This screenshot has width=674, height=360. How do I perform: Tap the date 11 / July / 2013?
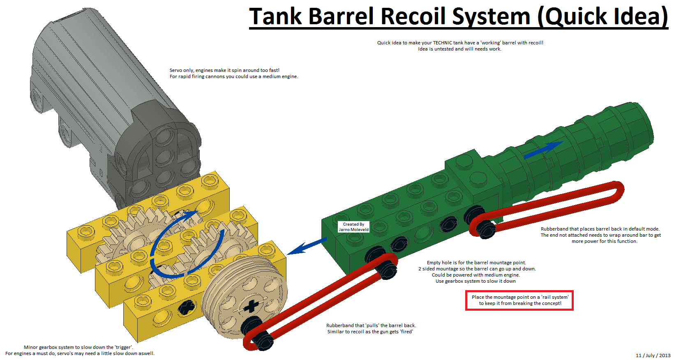(653, 355)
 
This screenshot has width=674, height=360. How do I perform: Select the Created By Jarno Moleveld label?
(353, 227)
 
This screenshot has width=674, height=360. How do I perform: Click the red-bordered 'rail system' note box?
(519, 300)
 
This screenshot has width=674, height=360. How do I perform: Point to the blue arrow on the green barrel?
(543, 150)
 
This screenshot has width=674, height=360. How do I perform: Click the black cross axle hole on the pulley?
(251, 307)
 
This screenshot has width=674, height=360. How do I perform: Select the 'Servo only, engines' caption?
(233, 73)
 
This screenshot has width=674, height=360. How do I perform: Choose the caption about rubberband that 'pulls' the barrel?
(371, 328)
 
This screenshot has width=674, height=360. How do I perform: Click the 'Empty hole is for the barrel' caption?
(477, 272)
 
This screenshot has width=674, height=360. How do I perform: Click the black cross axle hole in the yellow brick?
(186, 307)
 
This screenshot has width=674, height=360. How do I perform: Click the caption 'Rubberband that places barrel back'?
(600, 235)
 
